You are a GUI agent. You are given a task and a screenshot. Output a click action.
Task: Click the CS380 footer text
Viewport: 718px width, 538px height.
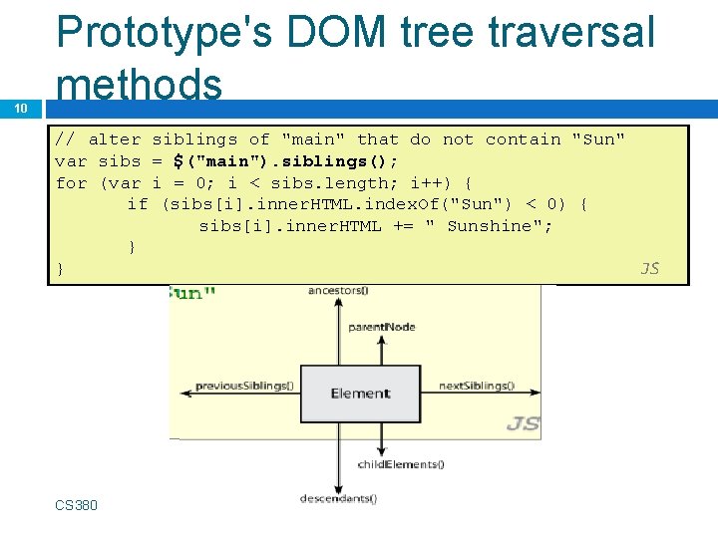pos(77,505)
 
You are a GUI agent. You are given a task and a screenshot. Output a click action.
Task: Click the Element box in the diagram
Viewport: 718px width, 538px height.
pos(360,393)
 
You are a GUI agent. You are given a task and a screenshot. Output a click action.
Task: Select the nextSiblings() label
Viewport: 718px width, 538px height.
pos(477,386)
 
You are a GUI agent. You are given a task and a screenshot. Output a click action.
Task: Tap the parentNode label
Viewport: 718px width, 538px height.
pos(382,327)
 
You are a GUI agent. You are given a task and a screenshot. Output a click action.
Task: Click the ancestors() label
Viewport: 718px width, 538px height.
pos(338,291)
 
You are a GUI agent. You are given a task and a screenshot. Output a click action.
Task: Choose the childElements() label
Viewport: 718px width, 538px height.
pos(401,463)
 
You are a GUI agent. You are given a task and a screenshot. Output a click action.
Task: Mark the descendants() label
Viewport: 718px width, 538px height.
pos(339,498)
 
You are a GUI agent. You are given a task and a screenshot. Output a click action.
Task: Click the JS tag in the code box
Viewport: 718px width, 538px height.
pos(649,268)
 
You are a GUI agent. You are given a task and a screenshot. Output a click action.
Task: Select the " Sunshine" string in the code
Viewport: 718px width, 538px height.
pos(489,226)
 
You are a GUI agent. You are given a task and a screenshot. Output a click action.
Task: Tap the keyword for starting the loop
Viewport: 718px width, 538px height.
pos(71,183)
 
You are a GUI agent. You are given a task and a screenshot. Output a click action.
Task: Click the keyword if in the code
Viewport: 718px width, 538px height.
pos(138,204)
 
